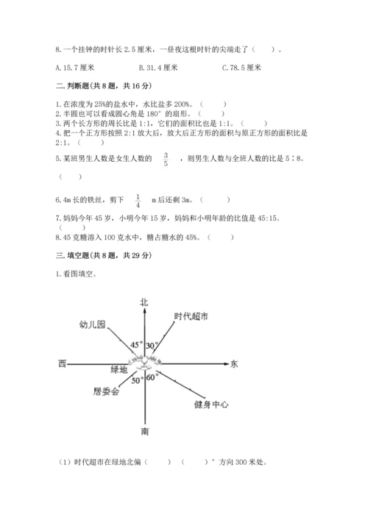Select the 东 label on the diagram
point(234,364)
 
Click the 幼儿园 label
point(93,324)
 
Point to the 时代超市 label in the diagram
point(191,316)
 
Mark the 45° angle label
point(136,344)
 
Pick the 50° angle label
point(137,381)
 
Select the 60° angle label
point(152,378)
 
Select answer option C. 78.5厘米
point(242,68)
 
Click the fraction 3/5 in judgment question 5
point(166,159)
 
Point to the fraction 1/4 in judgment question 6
point(138,199)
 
